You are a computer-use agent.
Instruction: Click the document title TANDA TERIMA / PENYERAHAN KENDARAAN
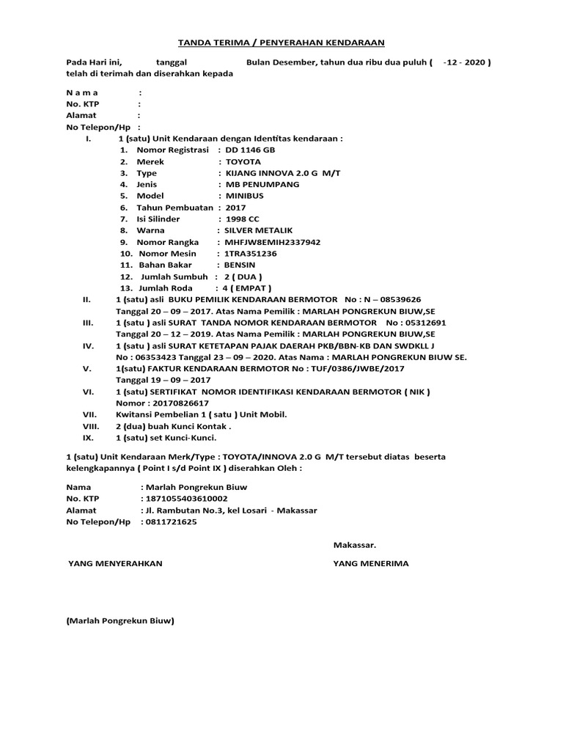282,43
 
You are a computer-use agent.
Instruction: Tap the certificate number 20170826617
183,403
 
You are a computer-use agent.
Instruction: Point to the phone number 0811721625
171,522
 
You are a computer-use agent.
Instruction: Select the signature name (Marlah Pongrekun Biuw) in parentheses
119,621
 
